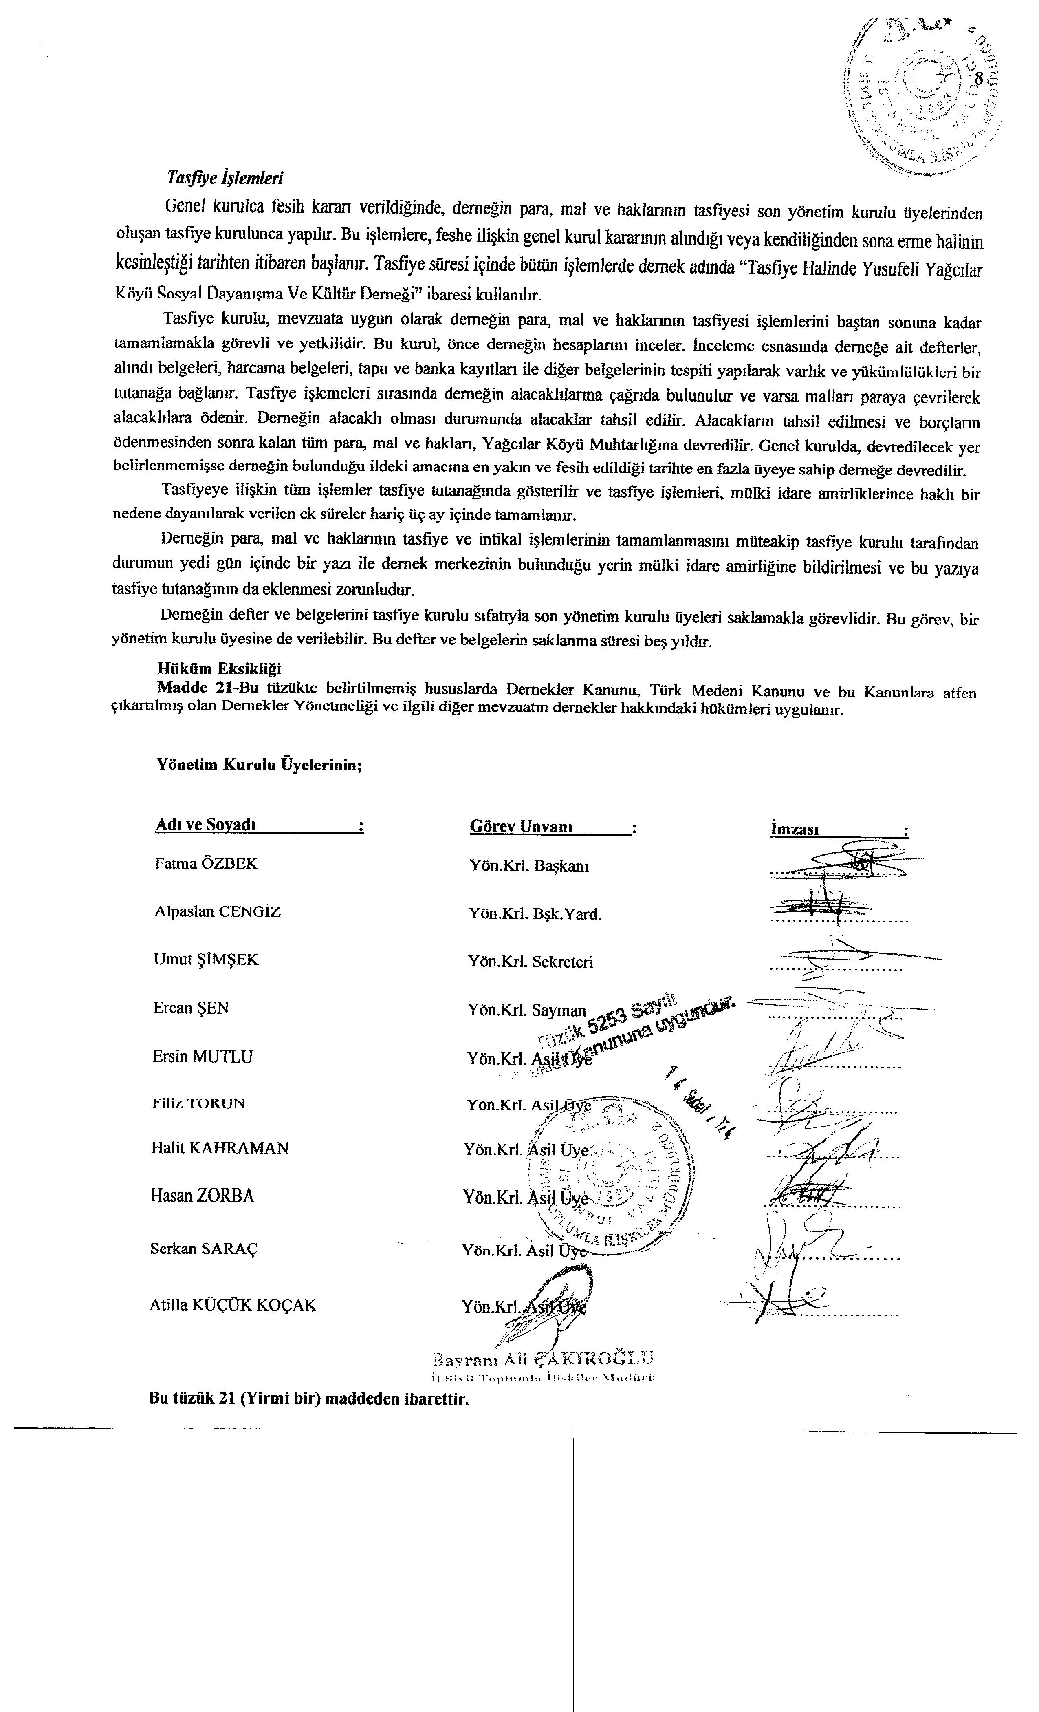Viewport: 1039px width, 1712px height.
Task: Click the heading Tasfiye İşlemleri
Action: [x=225, y=178]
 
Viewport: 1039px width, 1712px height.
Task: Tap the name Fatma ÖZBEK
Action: [x=206, y=864]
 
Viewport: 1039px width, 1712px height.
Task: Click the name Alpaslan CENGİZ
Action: [x=218, y=911]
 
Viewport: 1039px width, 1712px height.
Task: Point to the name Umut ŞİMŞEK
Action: [x=206, y=960]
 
